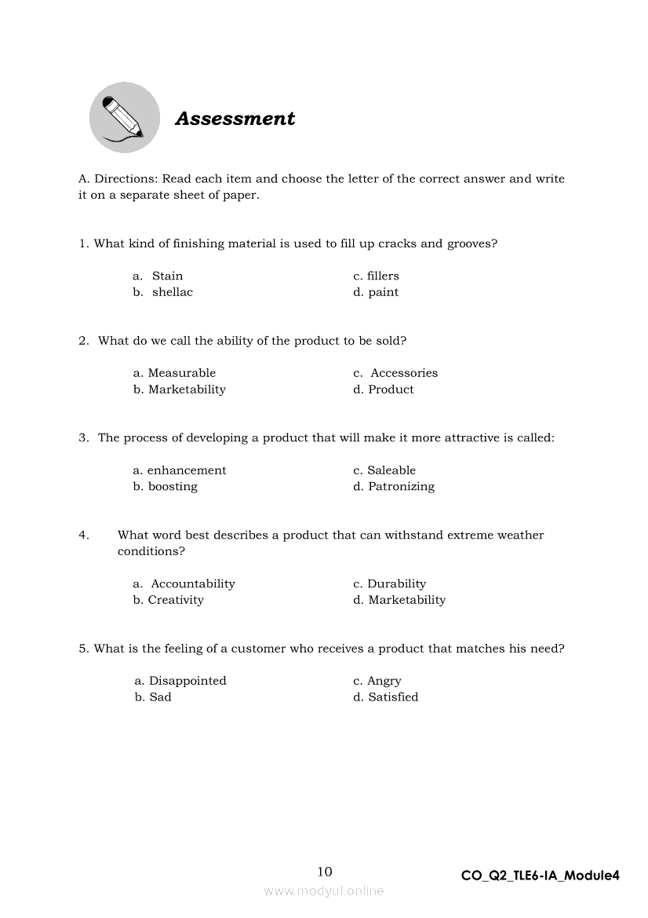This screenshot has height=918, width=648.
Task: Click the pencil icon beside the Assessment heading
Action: point(124,118)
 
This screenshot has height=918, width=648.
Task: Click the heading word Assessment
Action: point(235,119)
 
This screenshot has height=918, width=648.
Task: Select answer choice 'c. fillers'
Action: point(376,276)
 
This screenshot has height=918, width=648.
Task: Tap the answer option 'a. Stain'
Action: point(158,276)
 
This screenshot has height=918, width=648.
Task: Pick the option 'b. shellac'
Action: point(162,292)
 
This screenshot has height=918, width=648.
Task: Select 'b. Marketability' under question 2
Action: point(180,390)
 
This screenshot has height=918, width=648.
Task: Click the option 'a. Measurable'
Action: point(174,373)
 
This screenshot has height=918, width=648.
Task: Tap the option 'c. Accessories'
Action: point(395,373)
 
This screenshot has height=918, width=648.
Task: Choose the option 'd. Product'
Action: point(383,390)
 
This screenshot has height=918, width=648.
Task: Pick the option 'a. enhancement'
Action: point(180,470)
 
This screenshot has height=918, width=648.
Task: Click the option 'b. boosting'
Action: point(166,487)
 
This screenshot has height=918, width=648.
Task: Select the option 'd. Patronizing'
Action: point(393,487)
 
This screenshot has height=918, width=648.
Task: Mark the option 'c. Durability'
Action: point(389,583)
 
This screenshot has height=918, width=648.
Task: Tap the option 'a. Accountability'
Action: point(184,583)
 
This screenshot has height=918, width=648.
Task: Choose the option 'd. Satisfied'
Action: point(385,697)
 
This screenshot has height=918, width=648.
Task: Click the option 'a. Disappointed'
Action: point(180,681)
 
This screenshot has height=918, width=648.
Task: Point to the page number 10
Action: point(325,872)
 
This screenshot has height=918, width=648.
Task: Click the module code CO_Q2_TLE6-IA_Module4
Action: point(541,876)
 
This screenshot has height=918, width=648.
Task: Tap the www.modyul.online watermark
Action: point(324,891)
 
